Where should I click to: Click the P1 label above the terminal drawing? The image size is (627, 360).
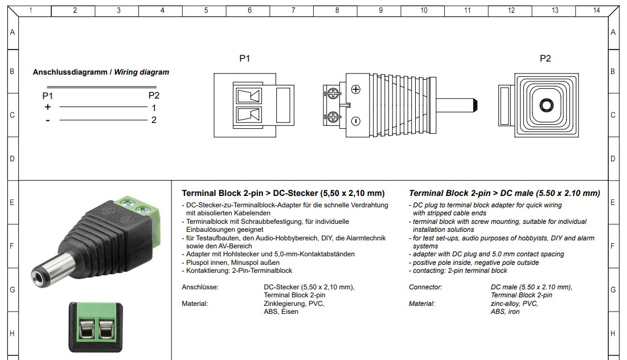pyautogui.click(x=245, y=58)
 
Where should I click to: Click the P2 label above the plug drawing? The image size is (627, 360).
pyautogui.click(x=546, y=58)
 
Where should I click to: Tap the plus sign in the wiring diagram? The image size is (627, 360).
pyautogui.click(x=48, y=107)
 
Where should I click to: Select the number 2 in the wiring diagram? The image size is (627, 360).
pyautogui.click(x=154, y=120)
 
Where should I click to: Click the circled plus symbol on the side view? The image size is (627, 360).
pyautogui.click(x=356, y=89)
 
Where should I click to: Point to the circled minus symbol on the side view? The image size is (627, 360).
pyautogui.click(x=356, y=120)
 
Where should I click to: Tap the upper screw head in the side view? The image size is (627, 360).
pyautogui.click(x=333, y=92)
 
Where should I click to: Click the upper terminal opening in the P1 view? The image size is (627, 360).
pyautogui.click(x=248, y=95)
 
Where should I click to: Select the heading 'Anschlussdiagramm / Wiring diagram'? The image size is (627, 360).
pyautogui.click(x=101, y=72)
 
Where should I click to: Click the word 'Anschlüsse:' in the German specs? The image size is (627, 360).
pyautogui.click(x=200, y=287)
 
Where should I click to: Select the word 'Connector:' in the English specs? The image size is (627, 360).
pyautogui.click(x=425, y=287)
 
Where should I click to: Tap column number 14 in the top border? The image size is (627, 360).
pyautogui.click(x=596, y=10)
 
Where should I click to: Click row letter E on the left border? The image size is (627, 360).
pyautogui.click(x=12, y=202)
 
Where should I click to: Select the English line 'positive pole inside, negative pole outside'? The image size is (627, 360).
pyautogui.click(x=476, y=263)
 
